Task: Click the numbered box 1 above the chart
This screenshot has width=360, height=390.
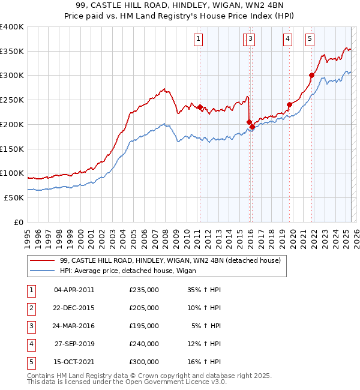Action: [198, 40]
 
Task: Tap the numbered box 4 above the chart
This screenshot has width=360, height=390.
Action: [288, 40]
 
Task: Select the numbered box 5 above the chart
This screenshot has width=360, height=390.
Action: [310, 40]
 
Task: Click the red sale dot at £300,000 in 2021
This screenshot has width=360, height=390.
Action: [312, 75]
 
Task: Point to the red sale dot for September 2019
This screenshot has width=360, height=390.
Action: [289, 104]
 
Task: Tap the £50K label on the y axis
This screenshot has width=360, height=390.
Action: [14, 197]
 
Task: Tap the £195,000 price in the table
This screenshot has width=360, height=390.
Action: [144, 326]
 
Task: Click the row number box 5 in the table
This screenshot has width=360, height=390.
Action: [30, 362]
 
